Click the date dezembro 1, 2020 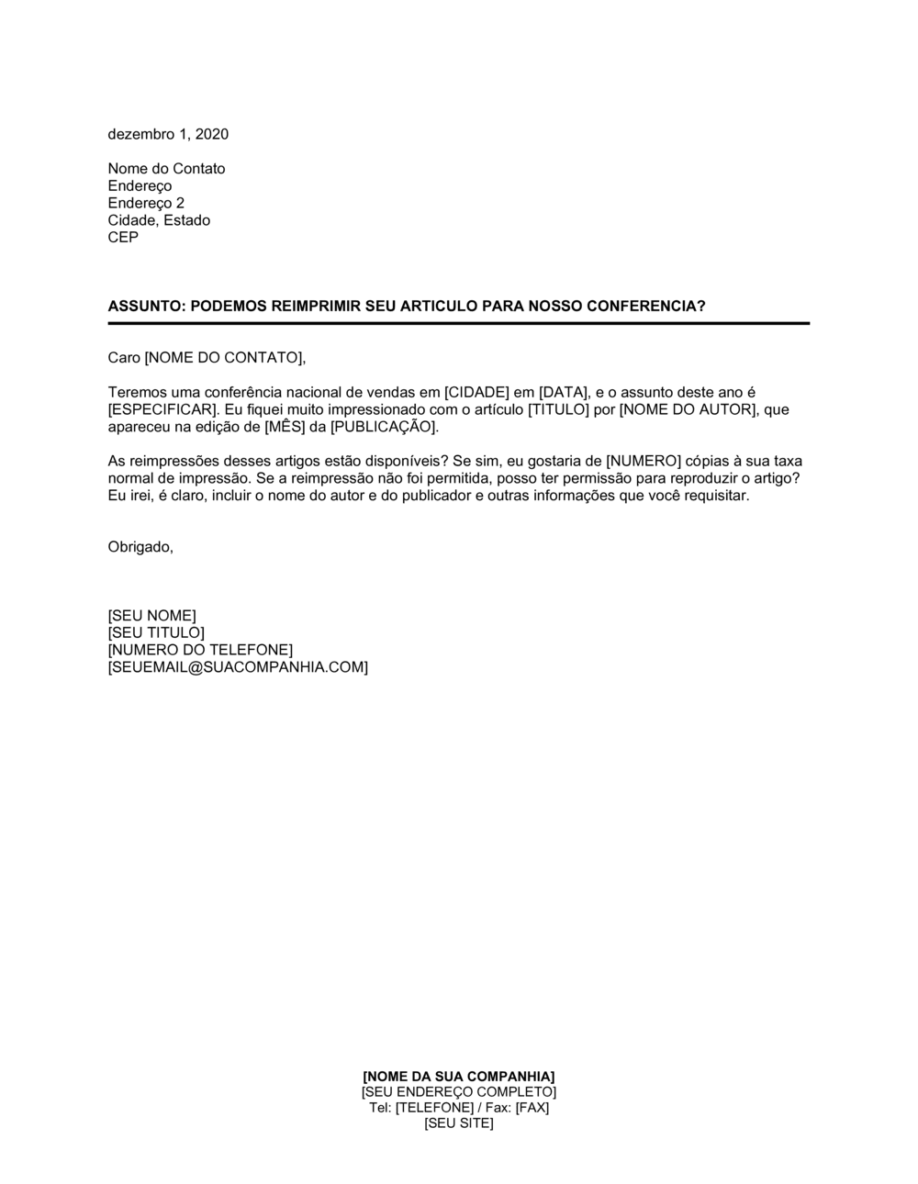(168, 134)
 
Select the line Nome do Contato (166, 169)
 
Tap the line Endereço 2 (146, 203)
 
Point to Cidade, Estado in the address (159, 220)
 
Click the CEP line (123, 238)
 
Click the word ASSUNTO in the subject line (145, 306)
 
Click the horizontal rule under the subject (459, 323)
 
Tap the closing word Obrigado (140, 547)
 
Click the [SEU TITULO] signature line (156, 632)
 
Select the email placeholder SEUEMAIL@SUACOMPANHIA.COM (238, 667)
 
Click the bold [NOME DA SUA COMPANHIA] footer (459, 1076)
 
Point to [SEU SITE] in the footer (459, 1123)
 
